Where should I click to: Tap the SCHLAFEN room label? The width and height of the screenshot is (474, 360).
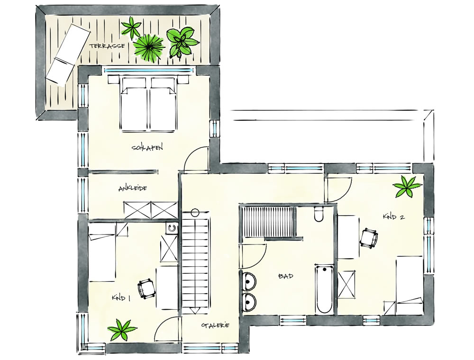tap(147, 148)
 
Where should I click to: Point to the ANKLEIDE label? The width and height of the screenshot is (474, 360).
tap(133, 189)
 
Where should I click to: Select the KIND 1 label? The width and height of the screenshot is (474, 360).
tap(121, 298)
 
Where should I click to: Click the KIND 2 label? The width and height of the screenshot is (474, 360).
tap(393, 216)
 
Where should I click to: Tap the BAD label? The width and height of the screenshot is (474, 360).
tap(286, 276)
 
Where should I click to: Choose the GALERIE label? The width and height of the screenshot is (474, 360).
tap(216, 325)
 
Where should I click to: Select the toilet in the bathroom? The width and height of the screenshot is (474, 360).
tap(319, 214)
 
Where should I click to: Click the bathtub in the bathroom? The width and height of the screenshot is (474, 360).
tap(324, 289)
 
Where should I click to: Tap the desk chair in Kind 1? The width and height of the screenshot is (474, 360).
tap(147, 288)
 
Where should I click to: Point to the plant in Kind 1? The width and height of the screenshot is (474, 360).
tap(122, 330)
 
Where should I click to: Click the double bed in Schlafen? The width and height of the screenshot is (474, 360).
tap(148, 104)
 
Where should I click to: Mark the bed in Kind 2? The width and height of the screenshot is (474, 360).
tap(409, 285)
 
